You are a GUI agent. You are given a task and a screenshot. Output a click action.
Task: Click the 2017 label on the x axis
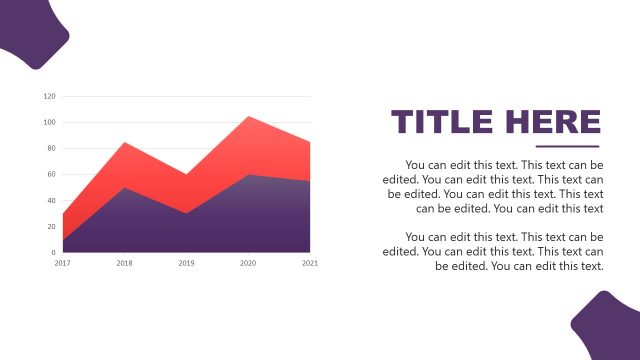[x=63, y=263]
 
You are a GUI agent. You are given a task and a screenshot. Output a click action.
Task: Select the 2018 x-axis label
[x=125, y=263]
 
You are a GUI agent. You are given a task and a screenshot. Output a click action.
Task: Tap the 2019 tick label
[x=186, y=263]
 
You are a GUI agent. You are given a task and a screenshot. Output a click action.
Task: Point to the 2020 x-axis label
[x=248, y=263]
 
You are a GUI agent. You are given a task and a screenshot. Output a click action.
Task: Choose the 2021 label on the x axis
[x=310, y=263]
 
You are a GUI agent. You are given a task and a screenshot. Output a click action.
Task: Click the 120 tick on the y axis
[x=50, y=97]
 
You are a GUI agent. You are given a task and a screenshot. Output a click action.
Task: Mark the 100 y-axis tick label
[x=50, y=123]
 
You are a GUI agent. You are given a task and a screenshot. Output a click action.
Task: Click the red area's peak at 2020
[x=248, y=117]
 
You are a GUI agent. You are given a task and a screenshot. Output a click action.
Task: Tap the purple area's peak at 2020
[x=248, y=176]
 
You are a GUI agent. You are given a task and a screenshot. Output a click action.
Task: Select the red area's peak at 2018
[x=125, y=143]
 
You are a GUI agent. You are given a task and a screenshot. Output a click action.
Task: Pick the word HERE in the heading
[x=553, y=122]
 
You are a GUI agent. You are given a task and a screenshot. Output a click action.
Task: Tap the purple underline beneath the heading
[x=567, y=146]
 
